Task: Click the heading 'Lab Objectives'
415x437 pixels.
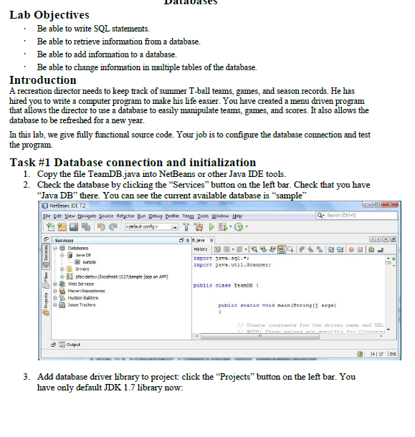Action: tap(49, 15)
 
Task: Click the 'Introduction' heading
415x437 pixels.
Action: tap(42, 80)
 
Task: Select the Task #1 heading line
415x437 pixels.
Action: tap(132, 162)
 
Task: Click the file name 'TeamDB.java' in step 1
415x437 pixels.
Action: tap(103, 174)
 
